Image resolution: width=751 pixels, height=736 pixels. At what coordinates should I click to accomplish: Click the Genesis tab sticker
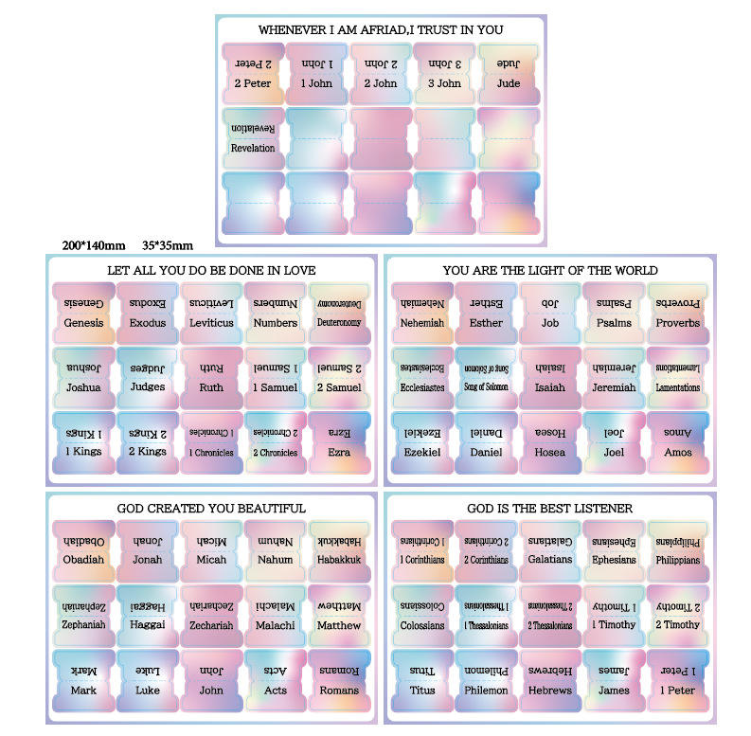84,313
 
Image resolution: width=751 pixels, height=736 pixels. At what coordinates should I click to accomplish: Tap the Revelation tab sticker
253,138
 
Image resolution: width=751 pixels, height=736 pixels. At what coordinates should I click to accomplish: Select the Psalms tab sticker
614,313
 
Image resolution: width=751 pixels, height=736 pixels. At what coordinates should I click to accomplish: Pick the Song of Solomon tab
485,377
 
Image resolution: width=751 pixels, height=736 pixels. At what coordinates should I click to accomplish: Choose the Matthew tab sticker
339,616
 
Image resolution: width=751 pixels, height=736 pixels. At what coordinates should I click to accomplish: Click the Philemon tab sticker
485,680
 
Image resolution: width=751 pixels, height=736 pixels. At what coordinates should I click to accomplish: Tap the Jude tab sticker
509,74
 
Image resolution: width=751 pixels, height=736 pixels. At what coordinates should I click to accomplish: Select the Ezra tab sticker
339,441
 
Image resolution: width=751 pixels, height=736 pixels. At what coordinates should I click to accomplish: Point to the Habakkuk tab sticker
339,550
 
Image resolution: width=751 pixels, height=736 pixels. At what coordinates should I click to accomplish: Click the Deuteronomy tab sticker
339,313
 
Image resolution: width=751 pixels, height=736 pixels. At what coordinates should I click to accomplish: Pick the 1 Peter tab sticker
678,680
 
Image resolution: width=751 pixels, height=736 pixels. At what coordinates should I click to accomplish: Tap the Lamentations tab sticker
678,377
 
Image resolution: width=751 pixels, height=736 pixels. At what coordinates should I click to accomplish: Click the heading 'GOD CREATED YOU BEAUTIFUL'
211,509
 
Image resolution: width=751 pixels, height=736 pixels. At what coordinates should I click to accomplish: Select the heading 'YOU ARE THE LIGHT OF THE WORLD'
550,270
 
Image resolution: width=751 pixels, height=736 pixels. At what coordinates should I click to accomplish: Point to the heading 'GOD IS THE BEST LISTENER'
550,509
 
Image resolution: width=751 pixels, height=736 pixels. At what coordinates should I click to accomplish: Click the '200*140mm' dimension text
93,245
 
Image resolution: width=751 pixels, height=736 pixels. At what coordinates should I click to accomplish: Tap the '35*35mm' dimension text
168,245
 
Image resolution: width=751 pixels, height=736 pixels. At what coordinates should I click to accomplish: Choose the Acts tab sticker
276,680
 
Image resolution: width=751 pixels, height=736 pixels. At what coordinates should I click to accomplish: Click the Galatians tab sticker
549,550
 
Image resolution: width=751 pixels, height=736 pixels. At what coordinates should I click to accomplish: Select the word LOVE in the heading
298,270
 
